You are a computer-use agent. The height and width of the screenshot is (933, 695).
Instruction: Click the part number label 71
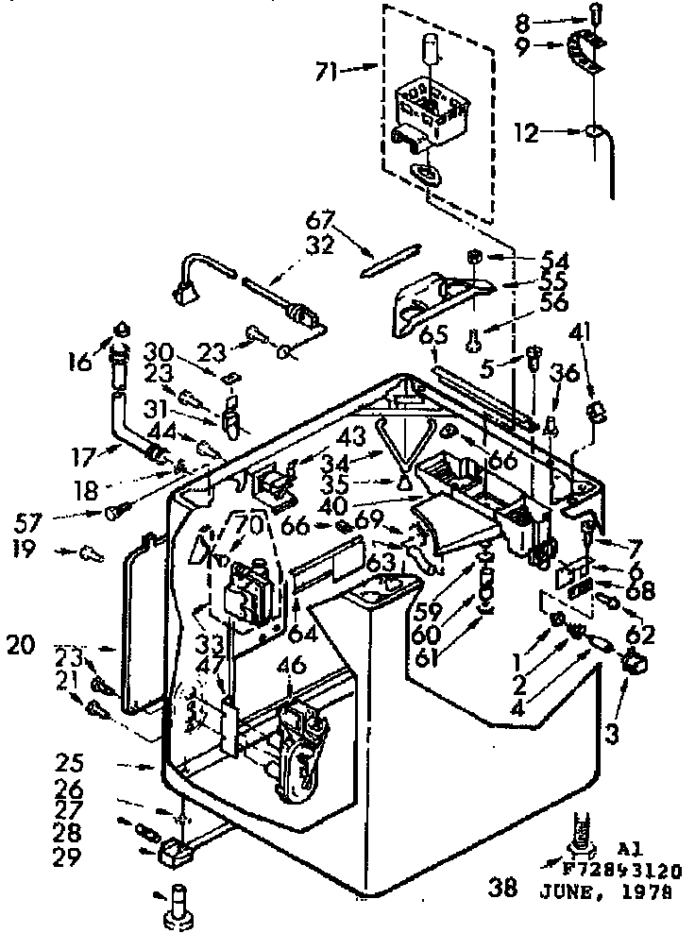click(x=327, y=70)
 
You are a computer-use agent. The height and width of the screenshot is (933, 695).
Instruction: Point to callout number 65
click(x=433, y=334)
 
